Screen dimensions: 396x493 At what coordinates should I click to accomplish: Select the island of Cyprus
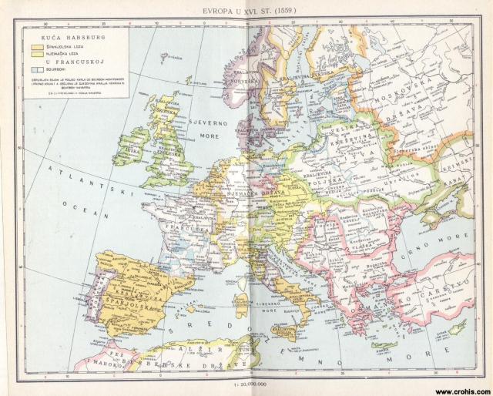coord(459,329)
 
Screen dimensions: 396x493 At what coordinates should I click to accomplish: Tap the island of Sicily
coord(283,332)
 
